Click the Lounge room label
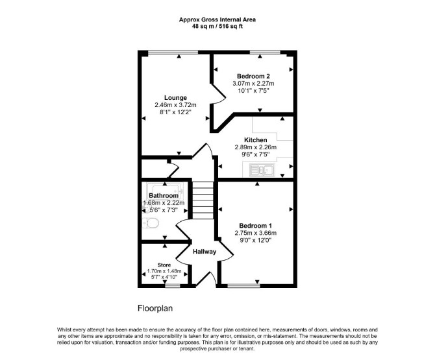(x=175, y=98)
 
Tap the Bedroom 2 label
(x=253, y=76)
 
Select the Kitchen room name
(x=256, y=140)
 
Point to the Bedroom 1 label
(x=256, y=226)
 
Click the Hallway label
(x=205, y=252)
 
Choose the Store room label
(x=164, y=265)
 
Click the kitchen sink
(x=262, y=169)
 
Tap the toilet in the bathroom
(x=150, y=222)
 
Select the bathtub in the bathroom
(x=165, y=191)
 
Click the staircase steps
(x=203, y=200)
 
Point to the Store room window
(x=173, y=285)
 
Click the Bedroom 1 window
(x=243, y=285)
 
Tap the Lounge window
(x=173, y=52)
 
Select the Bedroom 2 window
(x=265, y=52)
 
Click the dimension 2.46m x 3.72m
(x=175, y=105)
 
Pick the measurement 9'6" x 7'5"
(x=256, y=154)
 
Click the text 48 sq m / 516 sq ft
(x=217, y=27)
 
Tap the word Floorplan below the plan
(x=155, y=308)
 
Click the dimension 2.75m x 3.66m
(x=256, y=233)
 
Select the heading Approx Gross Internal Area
(x=217, y=19)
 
